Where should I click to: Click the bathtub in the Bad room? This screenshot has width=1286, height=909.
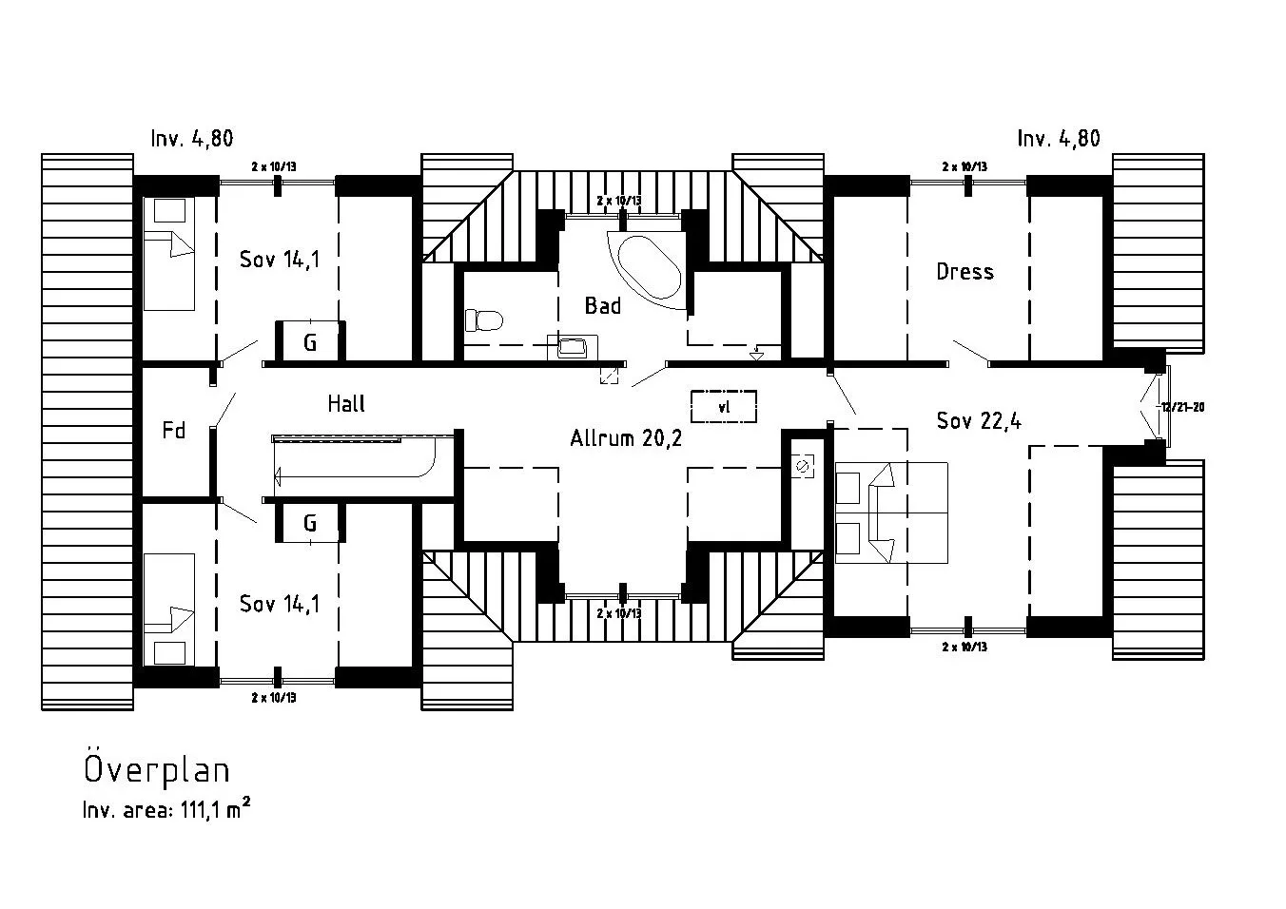649,268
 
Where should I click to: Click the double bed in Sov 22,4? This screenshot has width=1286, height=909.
891,513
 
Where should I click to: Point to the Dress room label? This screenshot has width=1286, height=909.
964,272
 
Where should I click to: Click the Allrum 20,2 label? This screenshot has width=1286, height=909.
626,438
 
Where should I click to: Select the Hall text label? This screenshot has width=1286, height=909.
346,404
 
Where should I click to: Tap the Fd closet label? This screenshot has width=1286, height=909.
173,431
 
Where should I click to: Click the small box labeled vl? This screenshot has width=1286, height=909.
724,407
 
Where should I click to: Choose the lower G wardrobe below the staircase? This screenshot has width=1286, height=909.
310,523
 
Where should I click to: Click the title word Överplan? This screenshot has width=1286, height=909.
157,769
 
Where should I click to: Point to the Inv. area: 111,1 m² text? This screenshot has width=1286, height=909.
166,811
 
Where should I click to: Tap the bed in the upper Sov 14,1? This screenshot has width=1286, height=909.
168,253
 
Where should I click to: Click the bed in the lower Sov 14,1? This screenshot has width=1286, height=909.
168,609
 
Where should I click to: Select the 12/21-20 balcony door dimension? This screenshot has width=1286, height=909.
1182,407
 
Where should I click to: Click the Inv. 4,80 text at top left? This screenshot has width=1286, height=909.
191,139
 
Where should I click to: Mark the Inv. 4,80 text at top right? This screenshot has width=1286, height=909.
1058,139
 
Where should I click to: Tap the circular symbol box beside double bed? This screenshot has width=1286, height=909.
803,466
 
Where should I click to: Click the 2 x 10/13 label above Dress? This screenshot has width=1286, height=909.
964,166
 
